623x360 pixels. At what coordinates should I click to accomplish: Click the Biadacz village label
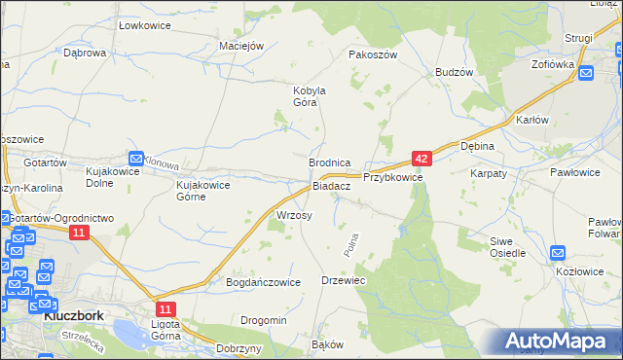click(331, 186)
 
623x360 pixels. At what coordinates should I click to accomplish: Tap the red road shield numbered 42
click(421, 158)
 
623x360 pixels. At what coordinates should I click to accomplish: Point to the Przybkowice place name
click(392, 178)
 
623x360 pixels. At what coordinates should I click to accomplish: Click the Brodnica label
click(329, 162)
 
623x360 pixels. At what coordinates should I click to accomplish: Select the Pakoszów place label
click(374, 55)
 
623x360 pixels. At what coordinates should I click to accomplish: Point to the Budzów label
click(455, 73)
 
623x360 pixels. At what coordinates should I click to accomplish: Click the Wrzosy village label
click(294, 215)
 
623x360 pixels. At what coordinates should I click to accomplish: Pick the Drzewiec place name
click(343, 280)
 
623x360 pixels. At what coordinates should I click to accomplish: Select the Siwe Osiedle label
click(507, 246)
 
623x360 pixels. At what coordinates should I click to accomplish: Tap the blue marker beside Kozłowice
click(558, 254)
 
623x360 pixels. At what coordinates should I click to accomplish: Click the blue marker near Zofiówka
click(586, 73)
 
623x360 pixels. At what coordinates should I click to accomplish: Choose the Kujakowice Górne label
click(202, 190)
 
